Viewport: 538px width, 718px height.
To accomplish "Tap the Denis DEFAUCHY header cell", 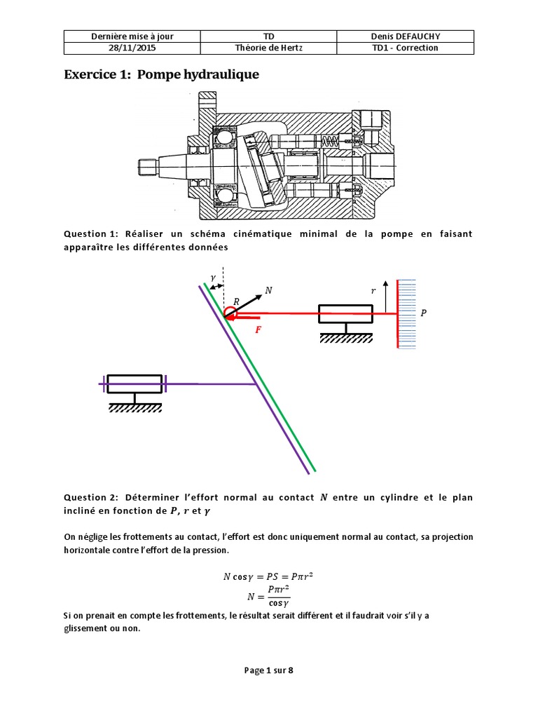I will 405,36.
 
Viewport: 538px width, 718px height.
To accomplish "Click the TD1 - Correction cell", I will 405,48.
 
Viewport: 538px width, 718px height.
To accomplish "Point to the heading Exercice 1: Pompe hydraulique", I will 162,74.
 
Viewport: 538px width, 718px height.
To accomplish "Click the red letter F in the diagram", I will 258,329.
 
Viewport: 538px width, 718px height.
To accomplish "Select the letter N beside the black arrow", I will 269,290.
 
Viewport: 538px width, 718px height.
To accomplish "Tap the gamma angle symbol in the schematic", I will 213,278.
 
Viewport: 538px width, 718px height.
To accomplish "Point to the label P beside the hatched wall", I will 422,314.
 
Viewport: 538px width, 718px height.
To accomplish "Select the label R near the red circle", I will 236,302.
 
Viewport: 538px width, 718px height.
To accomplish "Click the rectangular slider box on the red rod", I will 345,313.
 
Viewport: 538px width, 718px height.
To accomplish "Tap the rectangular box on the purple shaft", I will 134,384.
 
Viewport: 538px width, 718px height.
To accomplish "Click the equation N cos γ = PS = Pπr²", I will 268,577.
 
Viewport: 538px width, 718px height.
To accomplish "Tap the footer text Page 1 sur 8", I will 268,670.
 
